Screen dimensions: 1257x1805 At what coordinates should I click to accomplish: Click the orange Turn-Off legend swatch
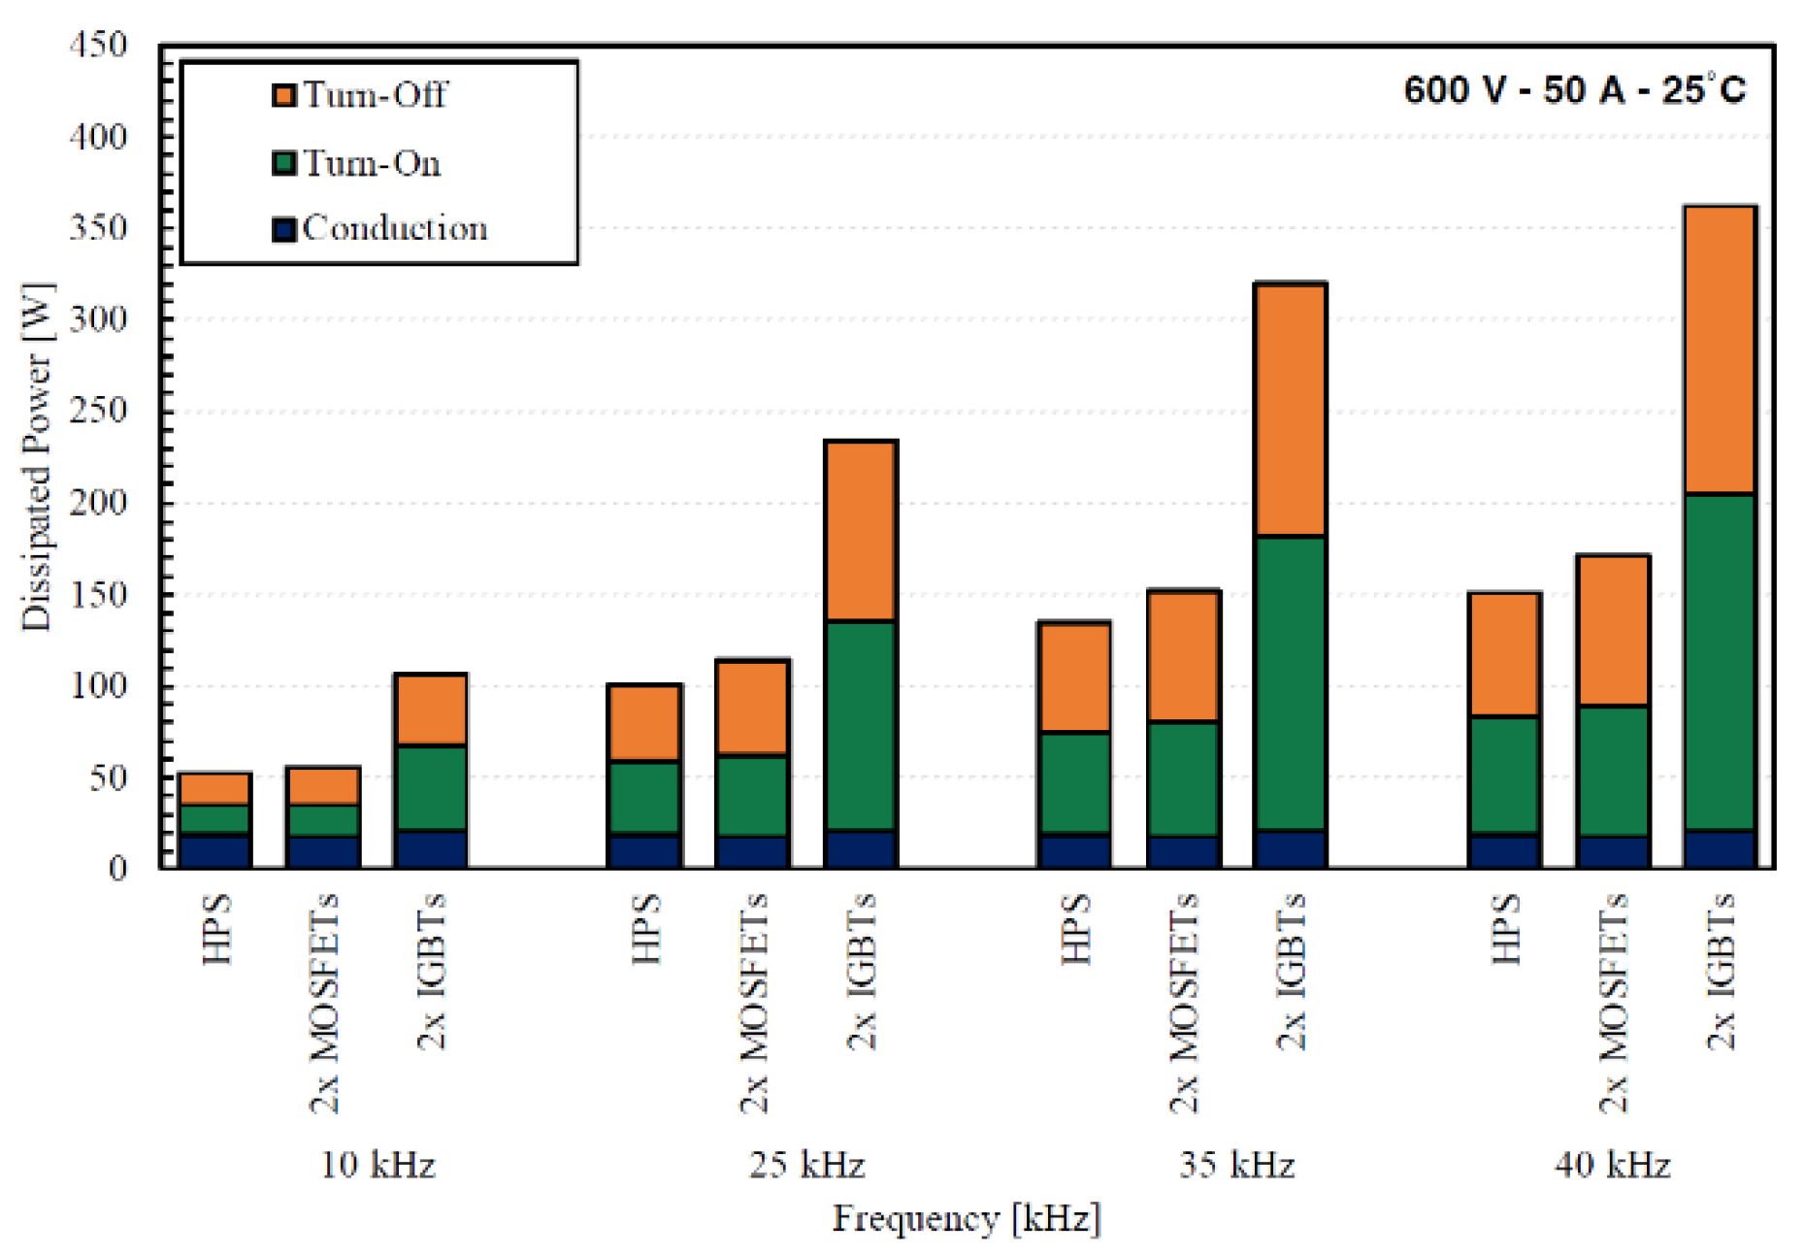(283, 95)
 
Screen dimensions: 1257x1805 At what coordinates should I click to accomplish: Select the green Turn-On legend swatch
(283, 162)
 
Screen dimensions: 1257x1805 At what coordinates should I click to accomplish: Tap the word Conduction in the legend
(394, 228)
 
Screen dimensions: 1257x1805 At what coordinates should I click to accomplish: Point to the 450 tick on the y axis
(98, 45)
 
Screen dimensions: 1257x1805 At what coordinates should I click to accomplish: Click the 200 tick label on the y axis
(98, 503)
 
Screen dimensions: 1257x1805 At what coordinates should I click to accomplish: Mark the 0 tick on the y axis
(117, 867)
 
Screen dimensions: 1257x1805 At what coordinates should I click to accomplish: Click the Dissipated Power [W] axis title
(37, 456)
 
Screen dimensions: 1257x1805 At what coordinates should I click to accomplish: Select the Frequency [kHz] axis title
(967, 1218)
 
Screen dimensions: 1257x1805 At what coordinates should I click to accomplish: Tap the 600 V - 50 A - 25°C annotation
(1574, 90)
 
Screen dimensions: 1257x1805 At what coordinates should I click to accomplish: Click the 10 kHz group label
(377, 1164)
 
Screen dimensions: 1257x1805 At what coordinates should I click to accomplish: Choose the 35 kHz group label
(1236, 1164)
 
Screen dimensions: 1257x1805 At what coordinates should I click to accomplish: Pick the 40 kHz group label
(1612, 1164)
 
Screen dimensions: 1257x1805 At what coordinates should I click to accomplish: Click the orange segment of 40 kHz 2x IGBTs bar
(1720, 349)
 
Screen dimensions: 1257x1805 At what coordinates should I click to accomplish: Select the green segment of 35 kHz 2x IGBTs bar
(1290, 682)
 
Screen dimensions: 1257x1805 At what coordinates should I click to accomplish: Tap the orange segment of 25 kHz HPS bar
(644, 723)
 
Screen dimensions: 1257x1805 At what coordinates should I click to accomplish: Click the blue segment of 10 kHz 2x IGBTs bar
(431, 847)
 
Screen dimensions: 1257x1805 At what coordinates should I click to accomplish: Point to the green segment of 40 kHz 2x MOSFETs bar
(1612, 772)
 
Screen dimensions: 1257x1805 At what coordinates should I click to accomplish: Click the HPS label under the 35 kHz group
(1075, 929)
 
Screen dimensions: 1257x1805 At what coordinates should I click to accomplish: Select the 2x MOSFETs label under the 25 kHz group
(754, 1003)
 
